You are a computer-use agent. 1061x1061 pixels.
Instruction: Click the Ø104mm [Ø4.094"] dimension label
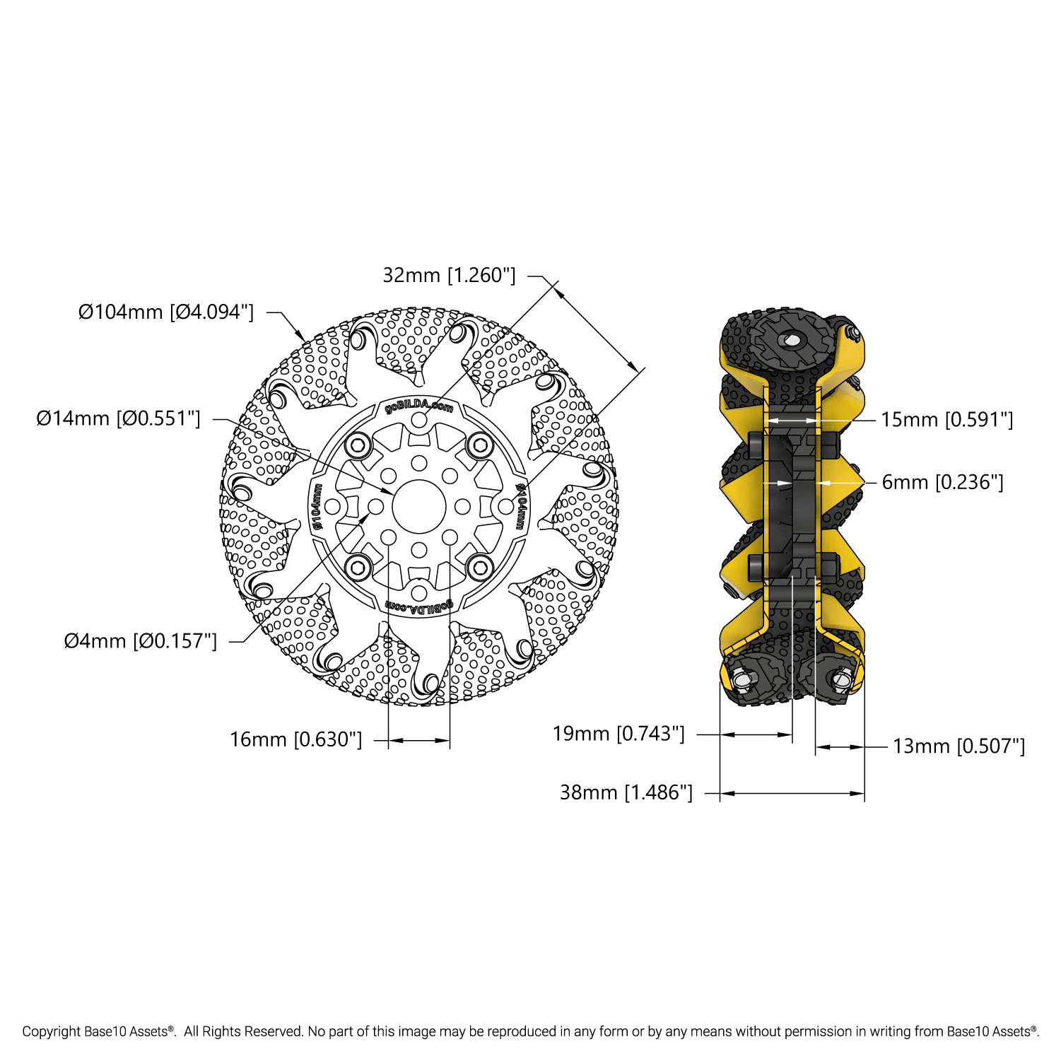tap(166, 312)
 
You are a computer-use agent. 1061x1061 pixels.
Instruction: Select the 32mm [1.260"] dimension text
tap(450, 275)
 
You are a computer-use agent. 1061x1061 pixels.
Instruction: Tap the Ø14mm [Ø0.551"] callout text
tap(119, 418)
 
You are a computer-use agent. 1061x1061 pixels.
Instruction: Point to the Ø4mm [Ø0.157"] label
tap(141, 641)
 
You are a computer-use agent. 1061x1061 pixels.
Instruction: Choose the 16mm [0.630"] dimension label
tap(296, 739)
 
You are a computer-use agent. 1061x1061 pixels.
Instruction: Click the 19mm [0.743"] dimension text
tap(619, 734)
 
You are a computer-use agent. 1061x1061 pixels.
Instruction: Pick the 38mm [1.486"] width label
tap(626, 792)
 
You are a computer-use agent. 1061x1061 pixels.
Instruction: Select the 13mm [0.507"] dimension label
tap(959, 746)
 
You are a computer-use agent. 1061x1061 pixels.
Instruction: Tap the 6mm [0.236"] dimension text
tap(943, 482)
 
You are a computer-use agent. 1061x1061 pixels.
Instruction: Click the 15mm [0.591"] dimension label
tap(947, 420)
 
